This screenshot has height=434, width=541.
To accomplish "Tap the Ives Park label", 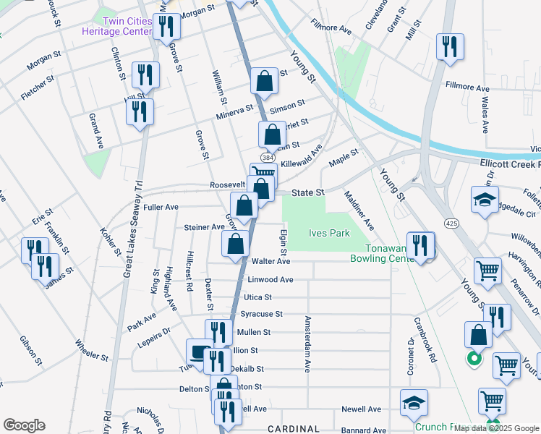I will [329, 233].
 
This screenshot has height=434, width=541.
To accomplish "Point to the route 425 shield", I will [450, 224].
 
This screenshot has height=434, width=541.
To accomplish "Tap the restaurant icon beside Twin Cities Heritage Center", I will [166, 27].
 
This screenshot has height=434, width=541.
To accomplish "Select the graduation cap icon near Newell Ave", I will [414, 403].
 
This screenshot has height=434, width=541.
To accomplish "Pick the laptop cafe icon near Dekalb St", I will [200, 352].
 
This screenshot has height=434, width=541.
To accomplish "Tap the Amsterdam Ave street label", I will [307, 344].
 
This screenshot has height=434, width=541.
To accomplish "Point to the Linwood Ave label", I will [270, 279].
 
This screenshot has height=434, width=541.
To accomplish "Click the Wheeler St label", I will [90, 352].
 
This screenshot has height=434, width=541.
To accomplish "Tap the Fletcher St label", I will [38, 85].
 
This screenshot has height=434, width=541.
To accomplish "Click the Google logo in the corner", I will [24, 425].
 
